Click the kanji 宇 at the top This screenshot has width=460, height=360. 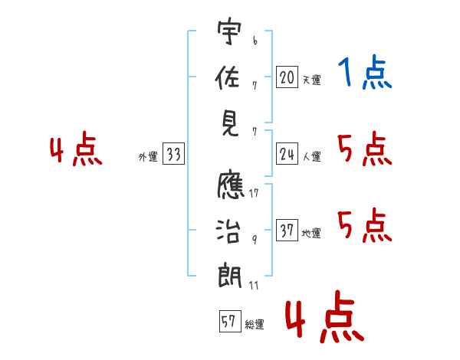tap(229, 34)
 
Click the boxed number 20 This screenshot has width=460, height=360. tap(287, 77)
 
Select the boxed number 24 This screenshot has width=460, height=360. tap(287, 154)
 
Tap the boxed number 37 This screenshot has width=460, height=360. tap(287, 231)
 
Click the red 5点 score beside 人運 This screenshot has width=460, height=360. tap(365, 150)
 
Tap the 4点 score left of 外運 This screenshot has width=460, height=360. tap(76, 150)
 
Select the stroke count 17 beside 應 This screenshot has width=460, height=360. tap(253, 193)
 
